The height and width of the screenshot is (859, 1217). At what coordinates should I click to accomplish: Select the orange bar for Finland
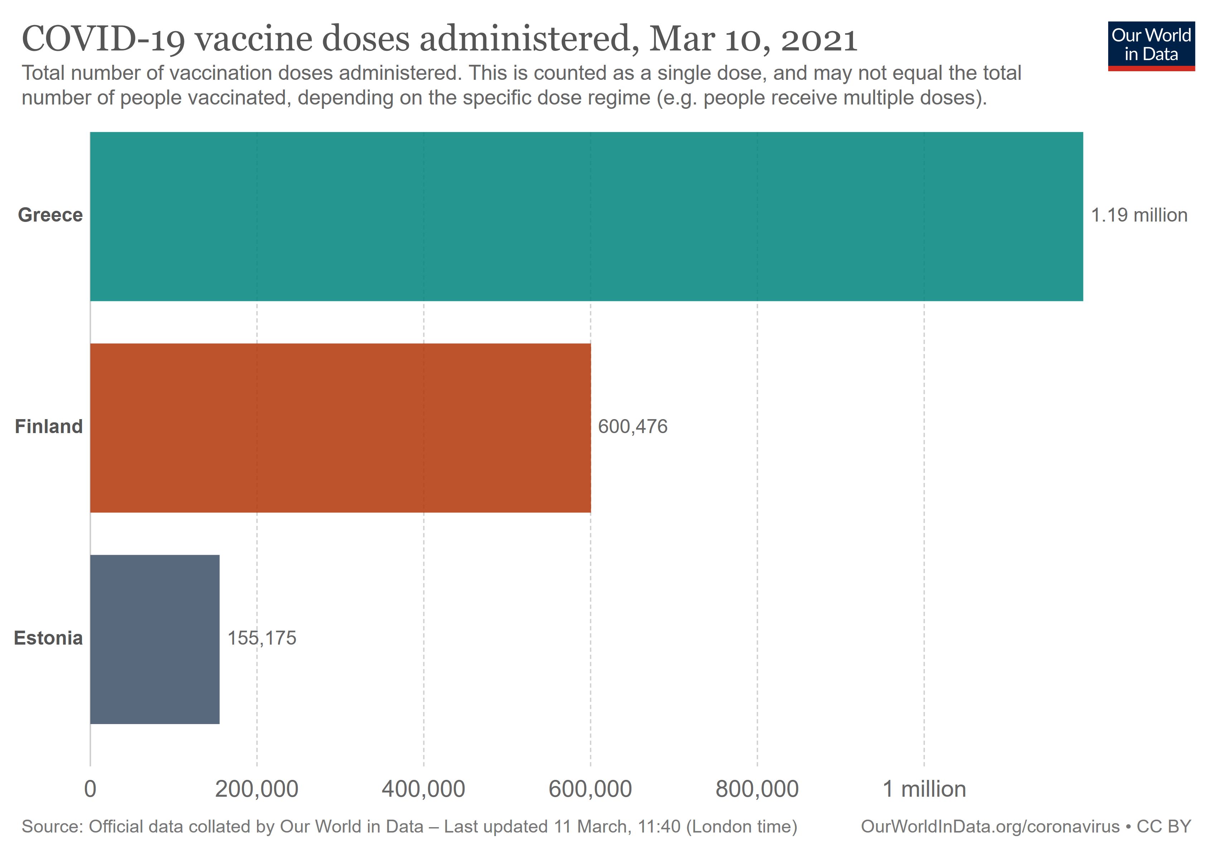pyautogui.click(x=340, y=428)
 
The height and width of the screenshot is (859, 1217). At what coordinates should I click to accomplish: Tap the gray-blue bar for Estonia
pyautogui.click(x=155, y=639)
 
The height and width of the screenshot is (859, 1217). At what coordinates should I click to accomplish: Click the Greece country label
pyautogui.click(x=50, y=215)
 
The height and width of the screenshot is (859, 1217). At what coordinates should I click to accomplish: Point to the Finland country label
pyautogui.click(x=49, y=427)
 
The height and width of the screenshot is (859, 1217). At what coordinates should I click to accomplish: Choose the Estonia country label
pyautogui.click(x=48, y=638)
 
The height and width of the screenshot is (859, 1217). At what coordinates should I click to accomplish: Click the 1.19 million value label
pyautogui.click(x=1139, y=215)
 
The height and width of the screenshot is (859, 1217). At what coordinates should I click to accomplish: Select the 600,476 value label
pyautogui.click(x=632, y=427)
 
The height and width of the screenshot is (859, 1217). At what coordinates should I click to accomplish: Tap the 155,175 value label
pyautogui.click(x=262, y=638)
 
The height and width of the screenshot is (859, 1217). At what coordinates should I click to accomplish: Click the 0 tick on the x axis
pyautogui.click(x=90, y=789)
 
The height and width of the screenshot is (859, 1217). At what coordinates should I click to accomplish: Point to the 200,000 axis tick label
pyautogui.click(x=257, y=789)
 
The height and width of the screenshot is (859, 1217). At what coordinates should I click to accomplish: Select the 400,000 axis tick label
pyautogui.click(x=423, y=789)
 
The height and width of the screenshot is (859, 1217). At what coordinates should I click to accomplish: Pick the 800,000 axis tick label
pyautogui.click(x=757, y=789)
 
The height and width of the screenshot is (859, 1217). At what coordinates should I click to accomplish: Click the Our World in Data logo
pyautogui.click(x=1151, y=45)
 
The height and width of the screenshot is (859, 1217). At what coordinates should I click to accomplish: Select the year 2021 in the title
pyautogui.click(x=819, y=39)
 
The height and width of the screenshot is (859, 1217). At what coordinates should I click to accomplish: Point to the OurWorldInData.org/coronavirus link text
pyautogui.click(x=990, y=827)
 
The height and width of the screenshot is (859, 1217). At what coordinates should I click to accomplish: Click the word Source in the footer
pyautogui.click(x=52, y=827)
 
